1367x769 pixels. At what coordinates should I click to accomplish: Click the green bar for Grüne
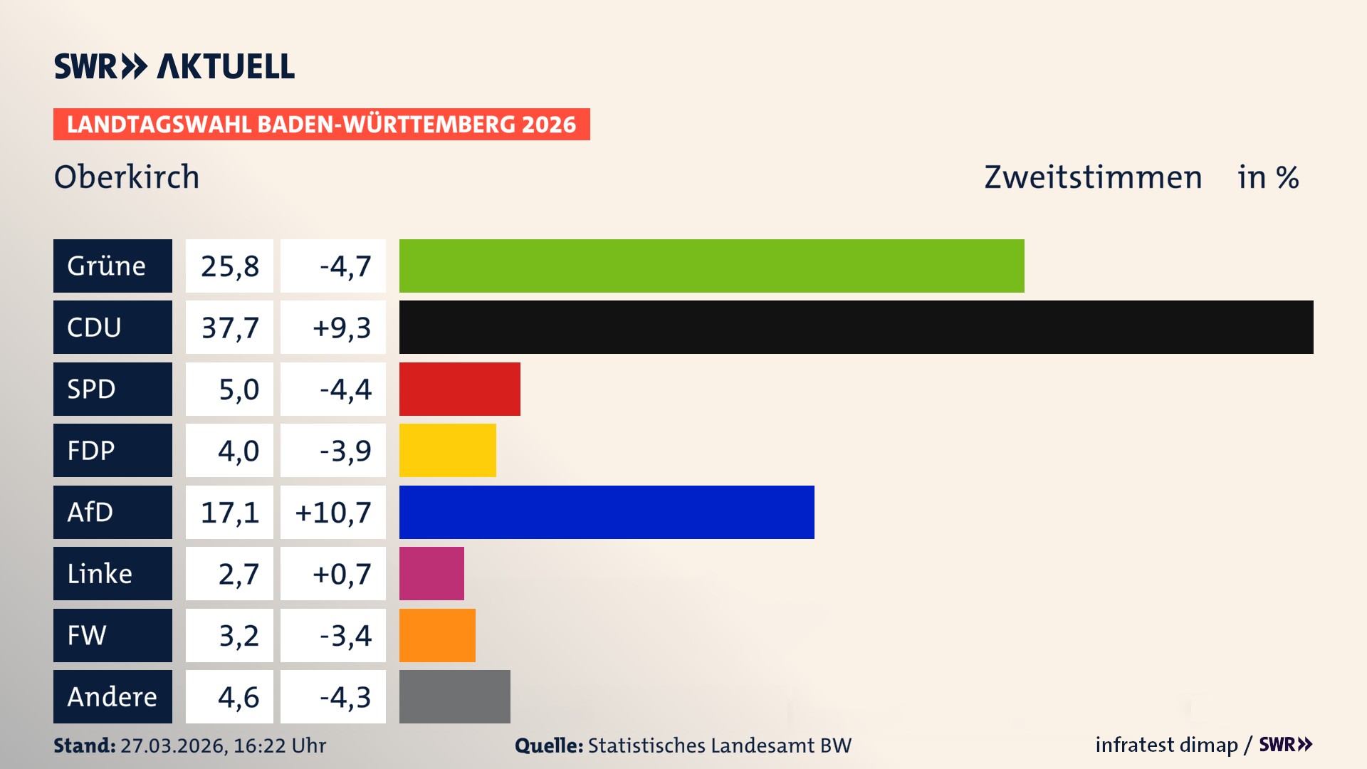pos(711,266)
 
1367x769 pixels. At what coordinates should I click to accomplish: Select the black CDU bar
pos(856,327)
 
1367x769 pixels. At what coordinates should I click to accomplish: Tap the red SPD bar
pos(459,389)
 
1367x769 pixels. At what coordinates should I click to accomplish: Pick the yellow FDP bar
pos(447,450)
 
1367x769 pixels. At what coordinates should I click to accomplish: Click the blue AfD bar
pos(606,512)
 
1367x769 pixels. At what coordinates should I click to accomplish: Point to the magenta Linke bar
pos(431,573)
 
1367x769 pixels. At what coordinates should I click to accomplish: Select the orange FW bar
pos(437,635)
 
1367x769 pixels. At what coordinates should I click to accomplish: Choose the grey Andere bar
pos(454,696)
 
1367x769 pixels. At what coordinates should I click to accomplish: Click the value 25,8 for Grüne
pos(229,266)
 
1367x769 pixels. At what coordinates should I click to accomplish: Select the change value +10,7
pos(333,513)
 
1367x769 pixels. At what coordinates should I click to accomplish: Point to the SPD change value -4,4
pos(345,389)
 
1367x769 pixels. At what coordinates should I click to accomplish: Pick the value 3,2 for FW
pos(239,636)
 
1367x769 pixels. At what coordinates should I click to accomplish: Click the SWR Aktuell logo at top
pos(174,66)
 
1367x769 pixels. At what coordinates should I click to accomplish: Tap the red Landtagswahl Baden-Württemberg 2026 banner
pos(321,125)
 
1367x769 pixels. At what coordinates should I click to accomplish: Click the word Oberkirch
pos(127,177)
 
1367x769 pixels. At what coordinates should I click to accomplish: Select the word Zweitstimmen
pos(1093,177)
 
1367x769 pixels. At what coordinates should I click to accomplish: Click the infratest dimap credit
pos(1166,745)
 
